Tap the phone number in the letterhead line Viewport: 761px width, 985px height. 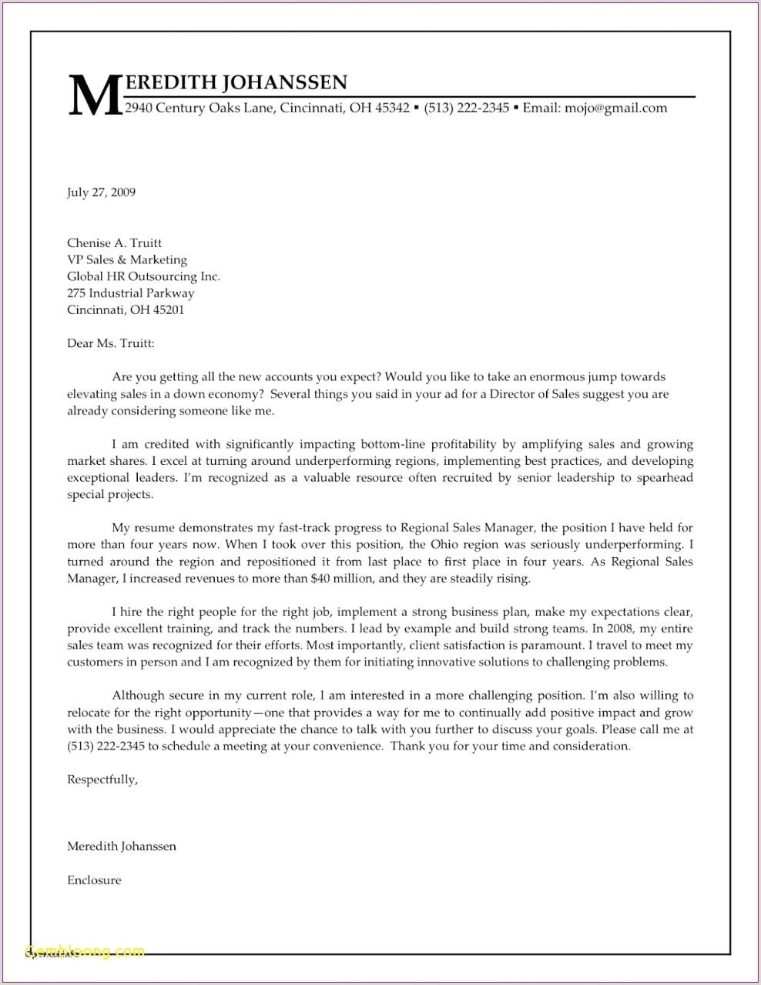click(466, 109)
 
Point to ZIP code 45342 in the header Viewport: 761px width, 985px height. click(392, 109)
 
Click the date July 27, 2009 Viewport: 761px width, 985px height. click(101, 192)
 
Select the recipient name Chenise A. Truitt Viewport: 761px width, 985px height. click(114, 243)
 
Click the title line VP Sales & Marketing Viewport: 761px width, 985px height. click(127, 260)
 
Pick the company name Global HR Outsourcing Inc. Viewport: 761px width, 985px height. click(143, 277)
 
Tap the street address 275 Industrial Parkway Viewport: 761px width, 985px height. click(130, 293)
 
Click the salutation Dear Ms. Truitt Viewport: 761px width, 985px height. click(111, 344)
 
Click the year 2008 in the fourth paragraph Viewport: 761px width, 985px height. click(619, 629)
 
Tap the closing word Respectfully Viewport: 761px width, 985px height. click(102, 780)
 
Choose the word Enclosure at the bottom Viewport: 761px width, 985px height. click(94, 880)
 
